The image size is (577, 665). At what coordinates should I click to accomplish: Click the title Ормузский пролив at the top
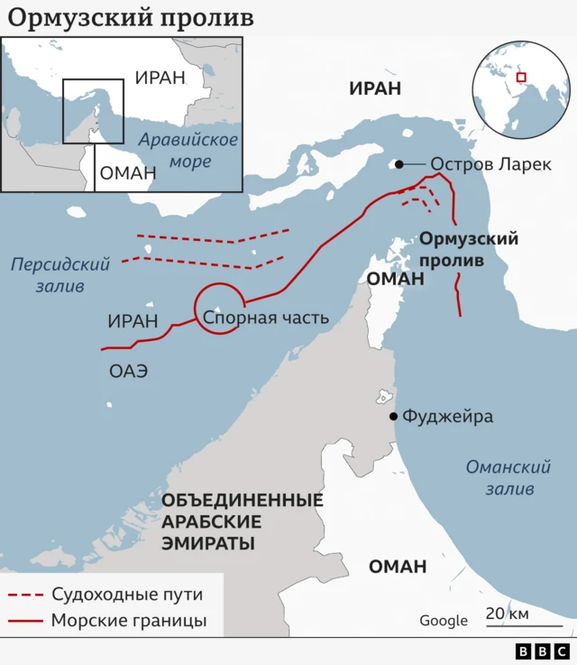(132, 18)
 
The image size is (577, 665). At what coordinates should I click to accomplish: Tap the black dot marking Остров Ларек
(397, 164)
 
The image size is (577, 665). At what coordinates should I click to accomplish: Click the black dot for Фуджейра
(393, 416)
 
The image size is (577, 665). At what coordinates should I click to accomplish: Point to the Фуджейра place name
(448, 416)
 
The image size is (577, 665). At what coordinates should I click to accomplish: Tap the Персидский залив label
(60, 275)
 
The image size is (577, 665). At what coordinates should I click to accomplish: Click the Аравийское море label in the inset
(188, 151)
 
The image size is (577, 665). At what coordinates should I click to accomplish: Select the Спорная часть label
(265, 318)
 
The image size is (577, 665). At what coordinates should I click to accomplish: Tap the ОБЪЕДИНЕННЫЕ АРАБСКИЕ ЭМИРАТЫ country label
(241, 522)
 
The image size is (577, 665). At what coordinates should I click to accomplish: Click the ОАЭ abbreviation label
(128, 370)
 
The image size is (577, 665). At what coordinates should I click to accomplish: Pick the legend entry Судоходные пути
(126, 595)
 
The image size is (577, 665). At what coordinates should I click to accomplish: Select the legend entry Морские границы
(129, 620)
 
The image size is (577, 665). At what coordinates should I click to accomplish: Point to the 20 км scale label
(508, 614)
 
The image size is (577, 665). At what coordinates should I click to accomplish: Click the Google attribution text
(443, 620)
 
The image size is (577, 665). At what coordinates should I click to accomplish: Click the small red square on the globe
(520, 78)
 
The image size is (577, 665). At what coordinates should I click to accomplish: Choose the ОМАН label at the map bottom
(397, 567)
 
